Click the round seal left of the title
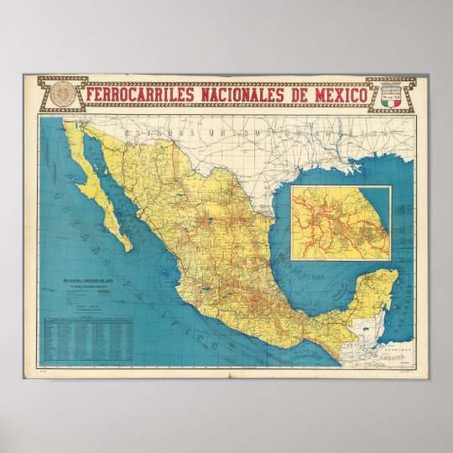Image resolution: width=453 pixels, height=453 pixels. (60, 94)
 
